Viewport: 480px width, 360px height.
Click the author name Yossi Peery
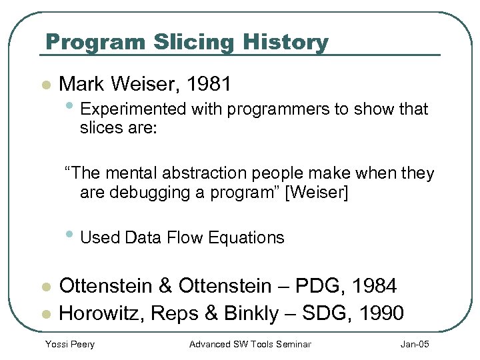point(69,344)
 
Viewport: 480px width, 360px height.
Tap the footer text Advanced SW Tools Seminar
point(250,344)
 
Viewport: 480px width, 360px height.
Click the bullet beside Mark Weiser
point(45,85)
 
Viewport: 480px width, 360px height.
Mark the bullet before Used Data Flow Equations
point(71,236)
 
